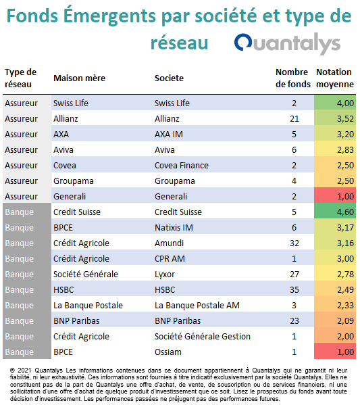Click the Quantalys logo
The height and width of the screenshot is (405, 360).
[287, 43]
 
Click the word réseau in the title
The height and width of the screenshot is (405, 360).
[180, 43]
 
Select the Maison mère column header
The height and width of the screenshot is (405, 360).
[79, 78]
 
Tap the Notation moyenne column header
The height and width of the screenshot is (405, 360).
[335, 78]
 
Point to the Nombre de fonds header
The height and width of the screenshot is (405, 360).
[293, 78]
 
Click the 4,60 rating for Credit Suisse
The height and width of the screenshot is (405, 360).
[345, 212]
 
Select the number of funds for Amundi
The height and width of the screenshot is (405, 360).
[294, 243]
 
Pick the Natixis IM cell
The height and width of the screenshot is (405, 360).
[174, 228]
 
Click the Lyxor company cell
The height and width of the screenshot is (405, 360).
[165, 275]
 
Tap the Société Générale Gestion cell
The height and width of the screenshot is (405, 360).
[203, 336]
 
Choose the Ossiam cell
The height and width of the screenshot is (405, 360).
[168, 352]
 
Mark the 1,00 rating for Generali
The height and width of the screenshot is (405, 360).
[345, 197]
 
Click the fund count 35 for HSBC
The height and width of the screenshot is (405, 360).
[294, 290]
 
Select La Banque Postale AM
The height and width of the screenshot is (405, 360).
[197, 306]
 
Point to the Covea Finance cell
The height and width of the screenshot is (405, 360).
[182, 165]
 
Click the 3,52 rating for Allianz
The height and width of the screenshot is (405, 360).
[345, 119]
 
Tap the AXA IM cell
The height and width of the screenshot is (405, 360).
[169, 135]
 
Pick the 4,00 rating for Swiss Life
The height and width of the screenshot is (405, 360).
[345, 103]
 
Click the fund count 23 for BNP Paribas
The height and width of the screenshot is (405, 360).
[294, 320]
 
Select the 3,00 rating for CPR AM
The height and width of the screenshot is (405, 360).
[345, 258]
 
